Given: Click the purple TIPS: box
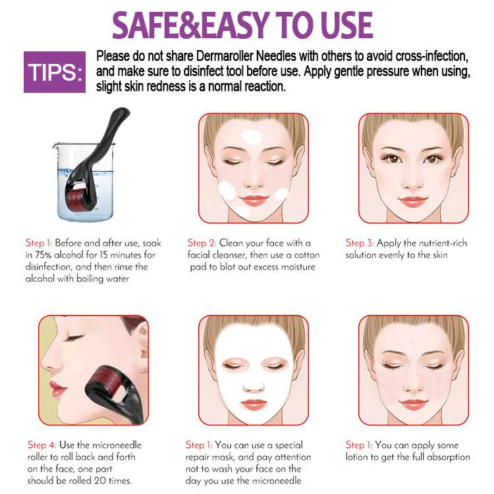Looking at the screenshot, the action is click(x=55, y=72).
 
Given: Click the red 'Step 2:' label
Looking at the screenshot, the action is click(x=202, y=243).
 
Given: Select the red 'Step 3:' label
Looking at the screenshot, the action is click(x=360, y=243).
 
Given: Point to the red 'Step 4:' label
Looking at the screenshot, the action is click(x=42, y=445).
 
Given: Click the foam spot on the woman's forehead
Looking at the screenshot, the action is click(x=252, y=136).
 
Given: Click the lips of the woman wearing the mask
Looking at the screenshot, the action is click(x=254, y=404).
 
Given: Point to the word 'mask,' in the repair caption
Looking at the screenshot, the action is click(x=224, y=457).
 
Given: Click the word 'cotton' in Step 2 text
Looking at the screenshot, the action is click(x=306, y=255).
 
